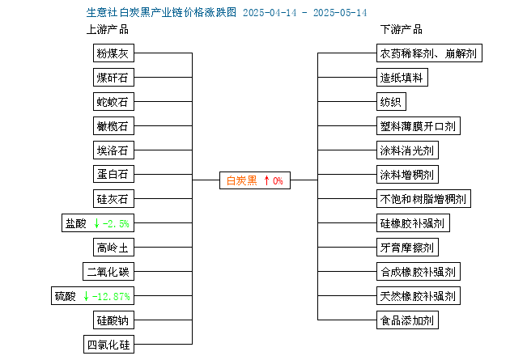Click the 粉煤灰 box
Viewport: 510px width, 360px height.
tap(113, 53)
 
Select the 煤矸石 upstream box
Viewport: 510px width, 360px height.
tap(113, 78)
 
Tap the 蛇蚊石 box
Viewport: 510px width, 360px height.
tap(113, 102)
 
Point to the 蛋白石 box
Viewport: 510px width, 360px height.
tap(113, 175)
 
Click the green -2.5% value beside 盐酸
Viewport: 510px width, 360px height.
tap(116, 223)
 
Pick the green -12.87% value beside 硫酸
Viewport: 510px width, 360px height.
tap(111, 296)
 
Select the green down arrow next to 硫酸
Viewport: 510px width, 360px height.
tap(86, 296)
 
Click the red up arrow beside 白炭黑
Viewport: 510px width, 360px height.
tap(266, 180)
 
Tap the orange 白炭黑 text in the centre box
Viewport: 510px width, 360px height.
tap(242, 180)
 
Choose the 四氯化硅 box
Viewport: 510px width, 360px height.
tap(108, 345)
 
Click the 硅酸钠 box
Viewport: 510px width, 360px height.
tap(113, 320)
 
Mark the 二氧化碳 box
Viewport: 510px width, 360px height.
tap(108, 272)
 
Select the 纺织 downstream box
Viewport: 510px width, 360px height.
tap(391, 102)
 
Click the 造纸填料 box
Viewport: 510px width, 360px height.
tap(402, 78)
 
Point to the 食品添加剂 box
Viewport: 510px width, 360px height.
tap(407, 320)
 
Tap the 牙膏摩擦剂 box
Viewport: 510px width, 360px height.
tap(407, 248)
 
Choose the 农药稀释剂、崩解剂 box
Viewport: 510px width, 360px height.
tap(429, 53)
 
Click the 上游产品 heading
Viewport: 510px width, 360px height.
tap(108, 30)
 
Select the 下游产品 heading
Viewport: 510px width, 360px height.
tap(402, 30)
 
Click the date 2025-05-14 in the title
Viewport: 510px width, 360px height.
tap(340, 13)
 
